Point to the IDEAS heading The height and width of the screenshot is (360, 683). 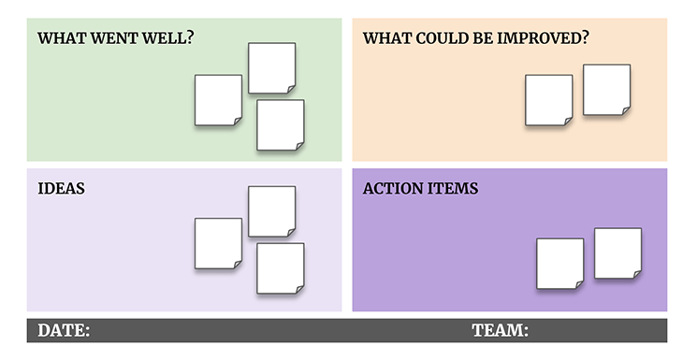click(x=61, y=188)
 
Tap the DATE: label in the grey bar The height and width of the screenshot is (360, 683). click(x=64, y=330)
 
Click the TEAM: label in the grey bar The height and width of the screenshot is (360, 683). click(x=500, y=330)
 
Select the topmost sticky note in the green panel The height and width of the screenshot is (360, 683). click(x=271, y=67)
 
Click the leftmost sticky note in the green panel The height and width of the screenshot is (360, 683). click(x=218, y=100)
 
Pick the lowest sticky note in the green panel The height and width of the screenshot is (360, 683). click(x=281, y=125)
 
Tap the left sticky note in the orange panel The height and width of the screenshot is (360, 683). click(x=548, y=99)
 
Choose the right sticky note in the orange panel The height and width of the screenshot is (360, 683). click(x=606, y=90)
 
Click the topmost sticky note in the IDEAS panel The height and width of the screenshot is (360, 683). click(x=271, y=210)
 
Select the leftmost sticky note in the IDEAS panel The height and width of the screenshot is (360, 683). click(x=218, y=243)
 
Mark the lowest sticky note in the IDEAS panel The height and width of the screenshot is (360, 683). click(x=281, y=268)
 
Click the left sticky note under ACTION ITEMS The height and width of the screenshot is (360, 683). click(x=559, y=263)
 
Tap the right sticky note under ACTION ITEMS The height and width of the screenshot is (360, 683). click(x=618, y=252)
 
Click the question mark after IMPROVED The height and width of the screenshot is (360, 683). click(x=585, y=39)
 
